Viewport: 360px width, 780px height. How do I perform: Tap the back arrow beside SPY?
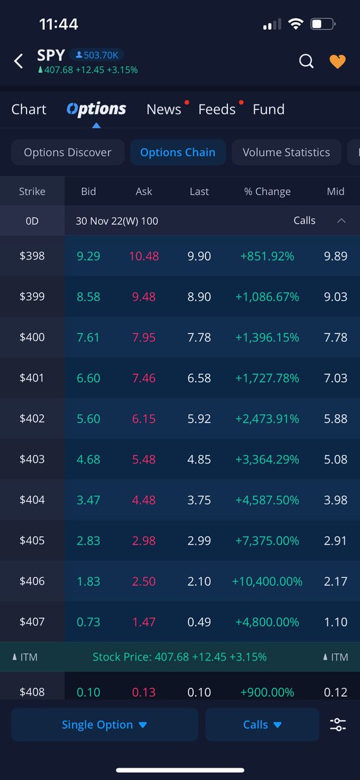18,61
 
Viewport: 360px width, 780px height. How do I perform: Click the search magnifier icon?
306,61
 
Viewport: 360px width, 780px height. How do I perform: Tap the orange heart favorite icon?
337,61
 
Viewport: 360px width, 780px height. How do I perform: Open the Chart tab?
29,109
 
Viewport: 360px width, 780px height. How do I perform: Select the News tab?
164,109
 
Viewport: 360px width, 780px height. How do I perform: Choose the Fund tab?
268,109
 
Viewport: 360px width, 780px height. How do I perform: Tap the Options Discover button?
68,153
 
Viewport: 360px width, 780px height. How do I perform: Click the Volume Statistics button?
286,153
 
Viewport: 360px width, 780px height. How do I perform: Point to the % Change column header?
267,191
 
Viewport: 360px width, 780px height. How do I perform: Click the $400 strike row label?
32,337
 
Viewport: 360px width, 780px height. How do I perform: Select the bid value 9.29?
88,256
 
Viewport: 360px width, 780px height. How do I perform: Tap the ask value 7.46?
144,378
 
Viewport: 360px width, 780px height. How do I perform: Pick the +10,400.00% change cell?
266,581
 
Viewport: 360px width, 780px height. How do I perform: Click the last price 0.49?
199,622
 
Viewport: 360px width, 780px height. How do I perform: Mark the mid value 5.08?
335,460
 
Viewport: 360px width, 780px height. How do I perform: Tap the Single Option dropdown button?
104,725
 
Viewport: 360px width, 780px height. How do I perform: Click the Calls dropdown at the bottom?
262,725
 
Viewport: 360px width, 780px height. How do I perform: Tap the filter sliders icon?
338,725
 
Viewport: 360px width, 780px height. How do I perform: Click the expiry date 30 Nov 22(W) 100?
117,221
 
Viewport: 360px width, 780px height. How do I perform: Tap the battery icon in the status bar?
322,25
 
